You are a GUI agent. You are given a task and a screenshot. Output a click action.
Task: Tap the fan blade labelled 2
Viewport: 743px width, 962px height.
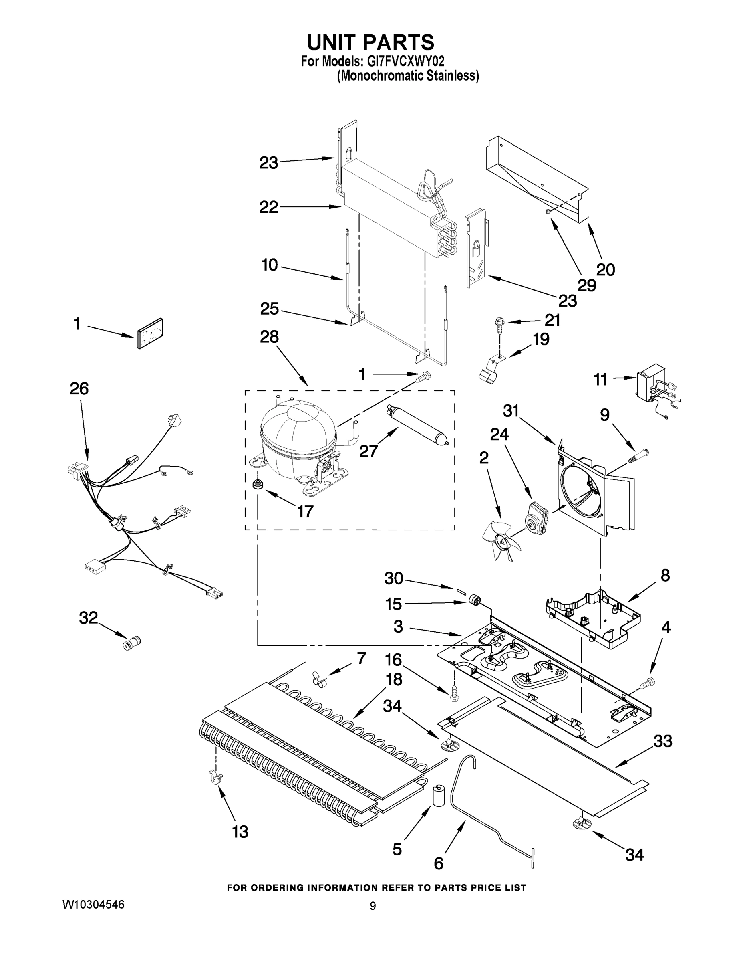coord(499,540)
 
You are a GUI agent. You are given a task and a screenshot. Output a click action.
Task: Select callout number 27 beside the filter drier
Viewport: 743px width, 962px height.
coord(368,451)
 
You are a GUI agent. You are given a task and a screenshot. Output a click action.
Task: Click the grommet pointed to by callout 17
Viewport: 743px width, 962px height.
coord(256,485)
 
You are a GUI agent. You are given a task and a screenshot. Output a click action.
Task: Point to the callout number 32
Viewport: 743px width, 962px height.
coord(88,618)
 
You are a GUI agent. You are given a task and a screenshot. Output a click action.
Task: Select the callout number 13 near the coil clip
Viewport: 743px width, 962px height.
coord(240,832)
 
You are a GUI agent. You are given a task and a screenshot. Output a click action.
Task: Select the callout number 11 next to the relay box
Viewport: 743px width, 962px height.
coord(600,379)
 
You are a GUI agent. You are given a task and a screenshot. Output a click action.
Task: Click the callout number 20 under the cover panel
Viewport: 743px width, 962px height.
coord(605,269)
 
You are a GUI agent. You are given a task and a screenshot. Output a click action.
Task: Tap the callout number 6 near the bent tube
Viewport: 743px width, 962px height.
coord(439,863)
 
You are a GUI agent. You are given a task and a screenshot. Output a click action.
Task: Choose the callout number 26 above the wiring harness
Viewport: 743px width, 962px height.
coord(79,388)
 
